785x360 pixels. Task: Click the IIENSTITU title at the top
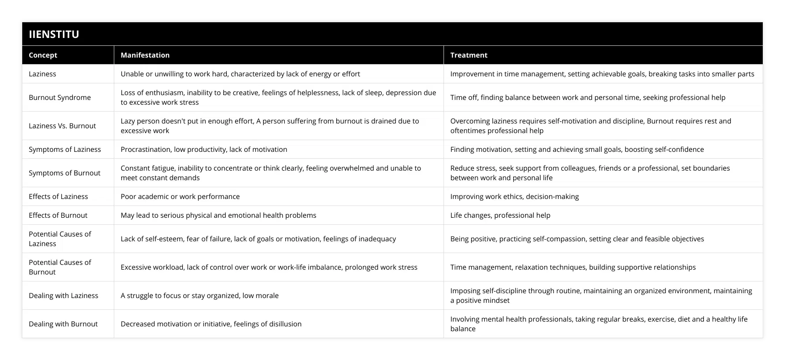(x=54, y=34)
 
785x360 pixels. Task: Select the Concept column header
(x=43, y=55)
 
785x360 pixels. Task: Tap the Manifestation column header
(x=145, y=55)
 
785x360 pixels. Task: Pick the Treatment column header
(x=469, y=55)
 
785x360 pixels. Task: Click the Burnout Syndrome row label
(x=60, y=97)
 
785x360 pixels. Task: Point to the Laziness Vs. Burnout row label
(x=62, y=126)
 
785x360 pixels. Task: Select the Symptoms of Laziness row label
(x=65, y=149)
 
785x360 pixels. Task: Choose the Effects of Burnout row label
(x=58, y=215)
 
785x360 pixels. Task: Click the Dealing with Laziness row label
(x=63, y=295)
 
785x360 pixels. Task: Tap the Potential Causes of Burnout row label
(x=60, y=267)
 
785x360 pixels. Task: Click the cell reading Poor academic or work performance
(x=180, y=196)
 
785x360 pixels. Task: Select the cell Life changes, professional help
(x=500, y=215)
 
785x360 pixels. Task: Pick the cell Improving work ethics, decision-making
(x=515, y=196)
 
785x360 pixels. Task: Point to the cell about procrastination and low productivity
(x=204, y=149)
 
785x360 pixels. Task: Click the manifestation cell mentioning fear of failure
(x=258, y=239)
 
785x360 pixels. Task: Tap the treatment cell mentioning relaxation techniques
(x=573, y=267)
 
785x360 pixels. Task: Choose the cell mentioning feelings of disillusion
(x=211, y=324)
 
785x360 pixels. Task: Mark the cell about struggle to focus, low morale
(x=199, y=295)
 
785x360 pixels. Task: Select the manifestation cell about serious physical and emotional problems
(x=218, y=215)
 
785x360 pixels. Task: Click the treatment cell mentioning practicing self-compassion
(x=577, y=239)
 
